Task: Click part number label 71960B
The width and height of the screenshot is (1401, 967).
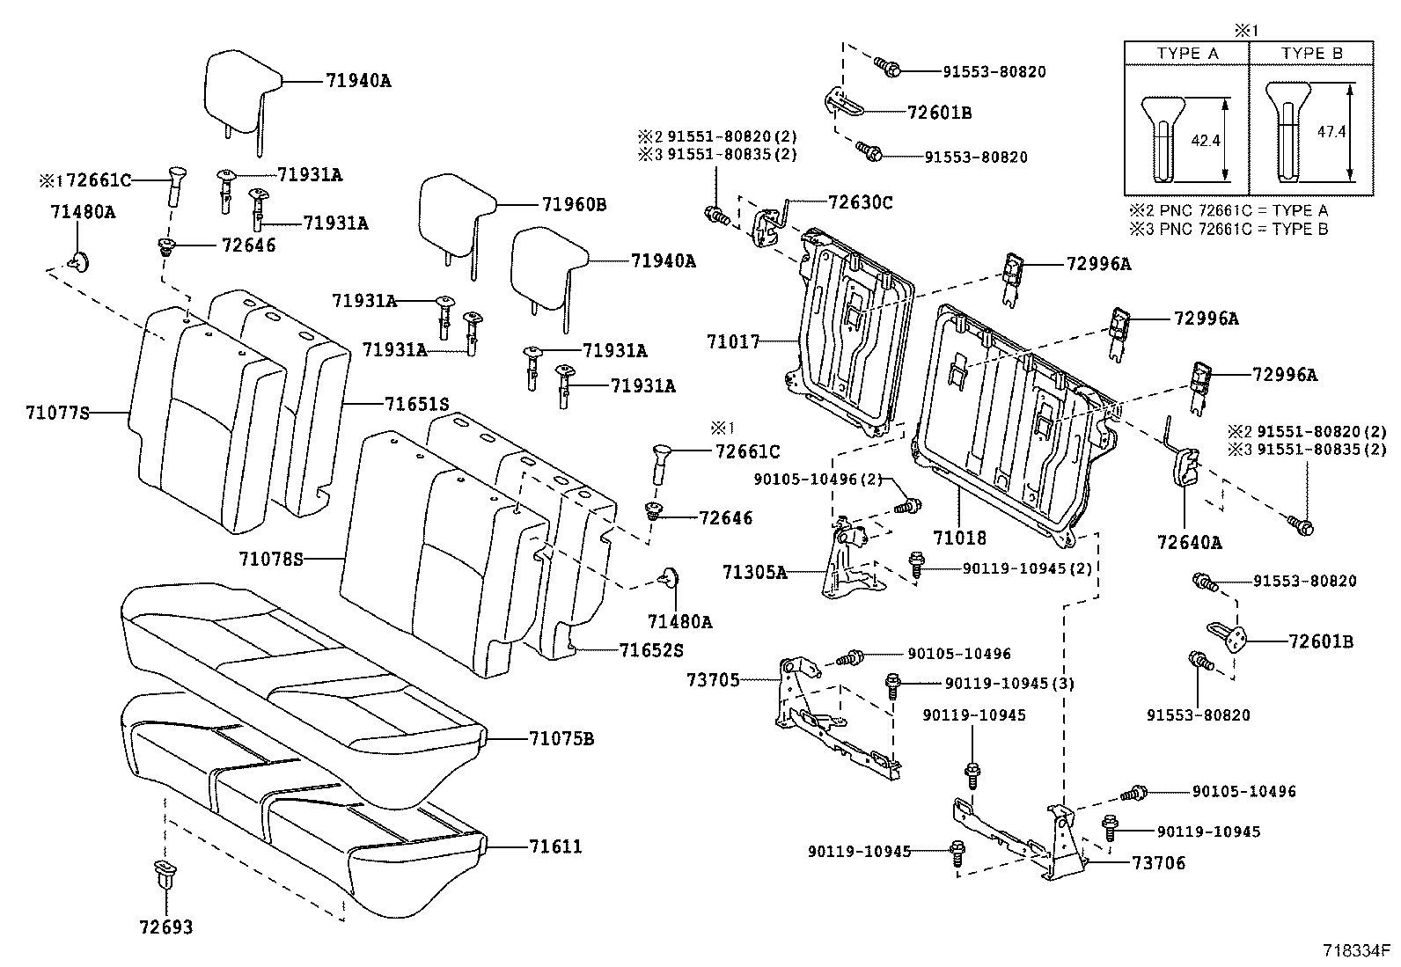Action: click(575, 205)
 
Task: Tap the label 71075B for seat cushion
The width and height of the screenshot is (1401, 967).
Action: click(561, 738)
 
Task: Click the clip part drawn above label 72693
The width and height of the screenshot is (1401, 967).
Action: click(165, 875)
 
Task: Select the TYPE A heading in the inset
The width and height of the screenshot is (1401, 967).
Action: click(1187, 54)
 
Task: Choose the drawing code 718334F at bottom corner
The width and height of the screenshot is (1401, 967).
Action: click(1355, 952)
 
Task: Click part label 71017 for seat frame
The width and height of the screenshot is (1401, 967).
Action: click(732, 341)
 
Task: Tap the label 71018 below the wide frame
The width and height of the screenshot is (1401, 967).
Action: click(960, 537)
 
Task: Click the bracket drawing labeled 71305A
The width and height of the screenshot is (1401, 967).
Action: click(847, 563)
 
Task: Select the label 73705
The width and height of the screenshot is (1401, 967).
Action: click(713, 679)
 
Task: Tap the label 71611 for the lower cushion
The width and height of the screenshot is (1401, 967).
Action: click(555, 846)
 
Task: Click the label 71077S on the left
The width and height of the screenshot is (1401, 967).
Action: click(57, 411)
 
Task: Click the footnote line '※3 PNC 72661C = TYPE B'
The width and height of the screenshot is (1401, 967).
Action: click(1229, 229)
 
